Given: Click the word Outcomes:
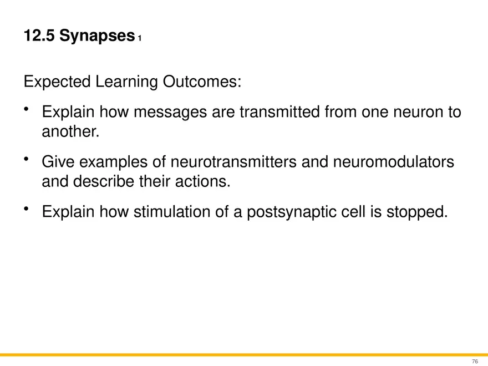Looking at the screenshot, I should pyautogui.click(x=202, y=83).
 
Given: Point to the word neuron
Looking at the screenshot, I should pyautogui.click(x=412, y=113).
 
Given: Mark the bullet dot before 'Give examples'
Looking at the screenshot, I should pyautogui.click(x=27, y=159).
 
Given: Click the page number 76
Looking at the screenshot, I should pyautogui.click(x=475, y=361).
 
